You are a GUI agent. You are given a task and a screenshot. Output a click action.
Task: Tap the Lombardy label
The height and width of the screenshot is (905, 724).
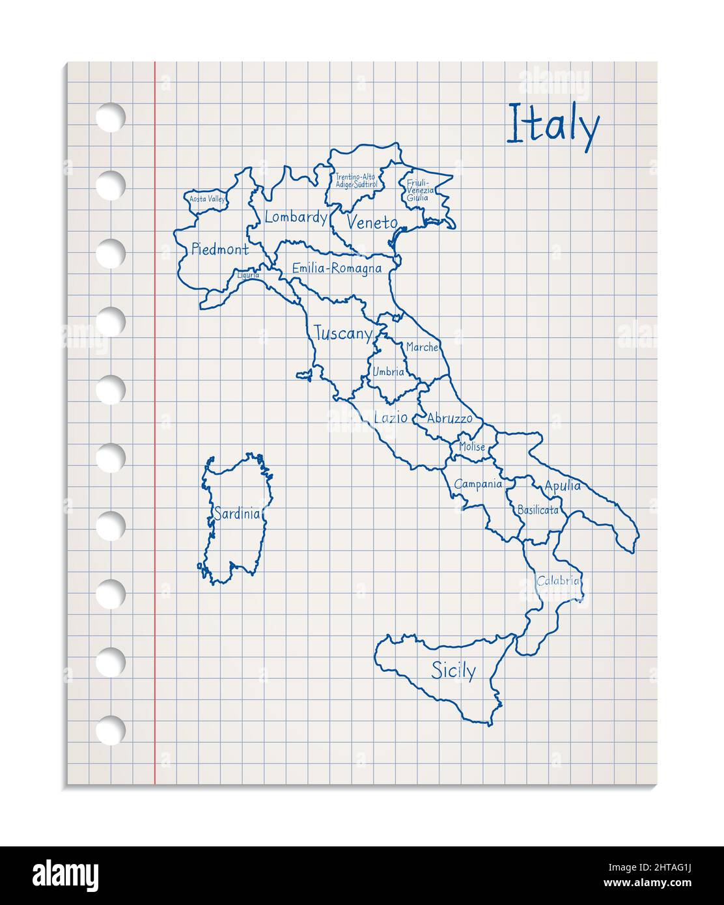(x=296, y=217)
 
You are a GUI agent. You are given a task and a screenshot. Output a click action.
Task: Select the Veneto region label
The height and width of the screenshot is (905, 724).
(x=372, y=223)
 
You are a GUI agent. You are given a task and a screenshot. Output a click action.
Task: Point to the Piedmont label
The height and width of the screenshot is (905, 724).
(x=219, y=249)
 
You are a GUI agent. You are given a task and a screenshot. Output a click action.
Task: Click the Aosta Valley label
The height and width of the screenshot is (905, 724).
(x=207, y=199)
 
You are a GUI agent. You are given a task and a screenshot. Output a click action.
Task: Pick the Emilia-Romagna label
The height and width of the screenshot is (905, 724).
(x=337, y=268)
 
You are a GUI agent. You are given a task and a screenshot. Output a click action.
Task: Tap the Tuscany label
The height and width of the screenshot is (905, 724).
(x=342, y=334)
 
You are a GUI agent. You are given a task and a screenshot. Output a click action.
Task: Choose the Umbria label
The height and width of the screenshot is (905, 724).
(x=388, y=372)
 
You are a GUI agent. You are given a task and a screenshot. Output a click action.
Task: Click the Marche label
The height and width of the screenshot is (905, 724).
(x=422, y=348)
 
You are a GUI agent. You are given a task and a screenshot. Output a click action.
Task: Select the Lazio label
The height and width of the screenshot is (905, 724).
(x=391, y=417)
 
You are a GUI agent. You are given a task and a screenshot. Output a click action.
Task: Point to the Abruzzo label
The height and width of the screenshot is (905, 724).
(x=449, y=419)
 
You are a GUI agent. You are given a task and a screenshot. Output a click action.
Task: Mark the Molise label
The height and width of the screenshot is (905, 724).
(x=471, y=447)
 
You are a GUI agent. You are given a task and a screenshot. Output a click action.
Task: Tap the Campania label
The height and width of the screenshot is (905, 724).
(x=478, y=484)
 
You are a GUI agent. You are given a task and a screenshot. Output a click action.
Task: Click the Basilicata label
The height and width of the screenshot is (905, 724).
(x=537, y=510)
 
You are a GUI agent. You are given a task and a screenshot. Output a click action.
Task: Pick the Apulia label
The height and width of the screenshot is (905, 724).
(x=563, y=486)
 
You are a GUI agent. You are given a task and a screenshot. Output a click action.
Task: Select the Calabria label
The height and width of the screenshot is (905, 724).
(x=558, y=581)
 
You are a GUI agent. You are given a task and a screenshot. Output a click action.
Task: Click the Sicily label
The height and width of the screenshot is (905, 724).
(x=454, y=670)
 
